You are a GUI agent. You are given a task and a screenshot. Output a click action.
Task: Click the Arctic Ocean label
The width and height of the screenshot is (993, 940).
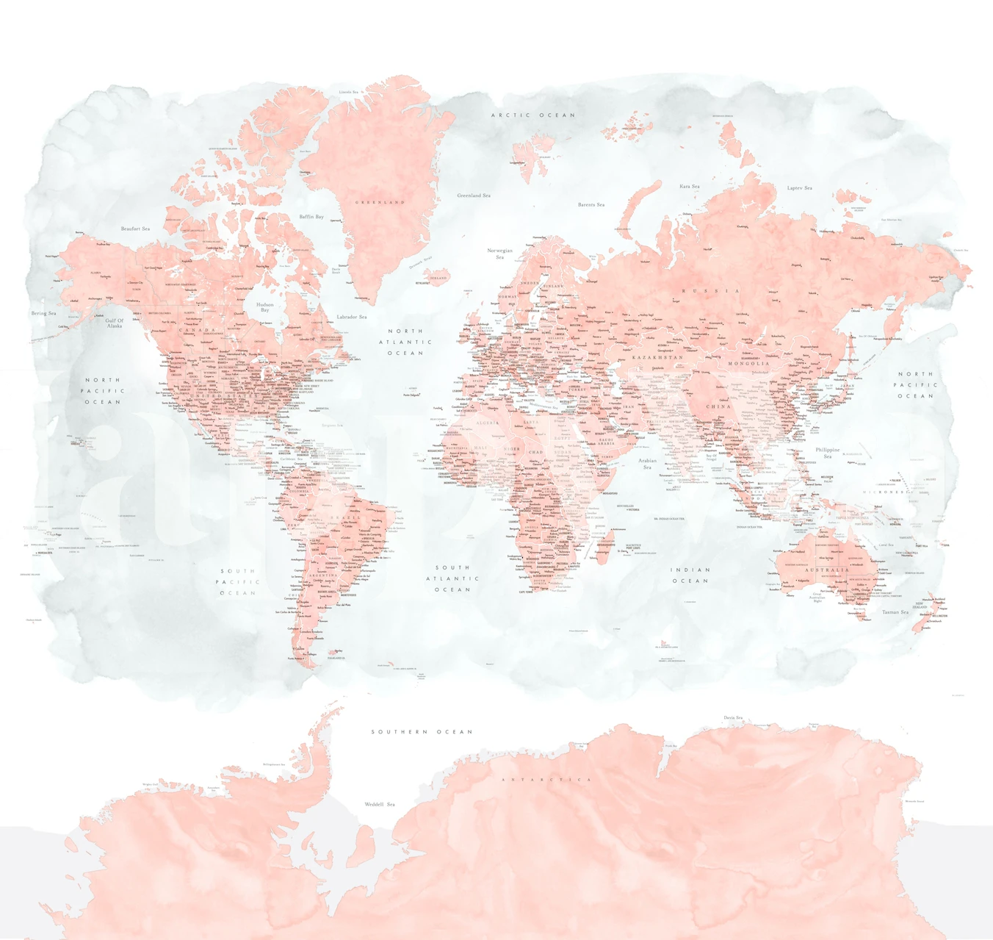coord(532,115)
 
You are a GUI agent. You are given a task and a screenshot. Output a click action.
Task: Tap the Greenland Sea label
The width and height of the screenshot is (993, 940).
coord(474,195)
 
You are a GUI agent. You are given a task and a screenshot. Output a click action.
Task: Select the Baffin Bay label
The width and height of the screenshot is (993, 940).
coord(311,217)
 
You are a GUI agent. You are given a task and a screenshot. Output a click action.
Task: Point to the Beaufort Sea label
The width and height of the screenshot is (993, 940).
coord(135,229)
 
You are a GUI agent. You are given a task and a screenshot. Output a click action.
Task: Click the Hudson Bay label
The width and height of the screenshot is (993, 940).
coord(265,307)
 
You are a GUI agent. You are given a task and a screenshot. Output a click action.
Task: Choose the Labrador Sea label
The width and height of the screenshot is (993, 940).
coord(352,317)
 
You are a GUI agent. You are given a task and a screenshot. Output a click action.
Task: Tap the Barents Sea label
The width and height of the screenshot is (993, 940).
coord(591,204)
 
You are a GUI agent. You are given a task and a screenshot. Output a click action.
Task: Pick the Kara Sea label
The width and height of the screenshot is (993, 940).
coord(690,187)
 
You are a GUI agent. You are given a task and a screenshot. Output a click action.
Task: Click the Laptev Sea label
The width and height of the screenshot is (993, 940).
coord(800,188)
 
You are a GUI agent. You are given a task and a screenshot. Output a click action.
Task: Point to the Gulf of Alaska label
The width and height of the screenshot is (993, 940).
coord(115,323)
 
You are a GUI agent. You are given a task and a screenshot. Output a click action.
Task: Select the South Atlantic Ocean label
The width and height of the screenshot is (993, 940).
coord(452,578)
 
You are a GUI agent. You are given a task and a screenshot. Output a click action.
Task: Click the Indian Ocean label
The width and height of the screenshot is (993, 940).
coord(690,575)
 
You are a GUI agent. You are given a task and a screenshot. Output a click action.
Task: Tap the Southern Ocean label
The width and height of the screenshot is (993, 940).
coord(422,732)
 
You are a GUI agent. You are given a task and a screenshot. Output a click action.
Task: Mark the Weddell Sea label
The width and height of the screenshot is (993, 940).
coord(380,804)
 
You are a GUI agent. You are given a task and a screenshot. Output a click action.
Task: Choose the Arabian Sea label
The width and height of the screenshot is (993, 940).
coord(647,464)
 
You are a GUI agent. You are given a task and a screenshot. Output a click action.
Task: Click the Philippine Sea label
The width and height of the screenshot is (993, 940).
coord(828,453)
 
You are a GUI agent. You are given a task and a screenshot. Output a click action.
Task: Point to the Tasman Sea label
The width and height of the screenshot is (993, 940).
coord(895,611)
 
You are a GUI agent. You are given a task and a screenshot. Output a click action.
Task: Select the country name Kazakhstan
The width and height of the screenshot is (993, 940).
coord(658,357)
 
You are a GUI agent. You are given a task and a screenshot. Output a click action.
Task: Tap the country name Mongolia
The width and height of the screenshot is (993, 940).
coord(748,364)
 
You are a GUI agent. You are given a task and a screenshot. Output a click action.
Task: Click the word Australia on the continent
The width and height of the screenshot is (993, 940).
coord(826,570)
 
